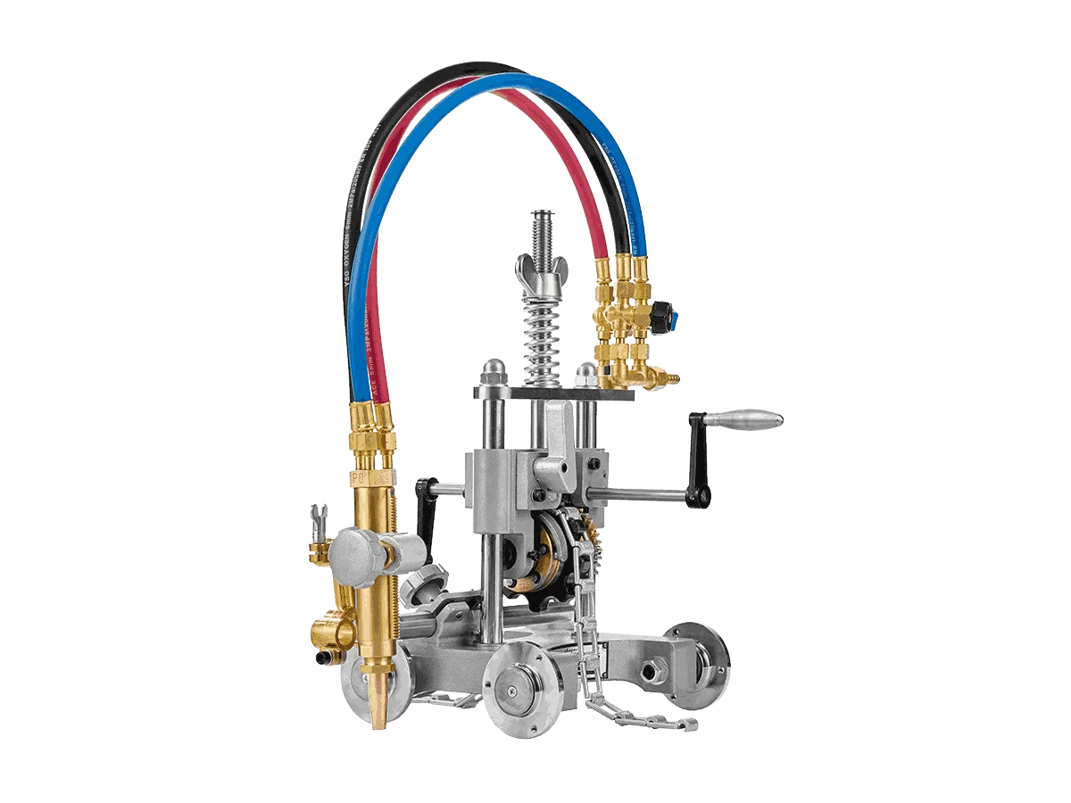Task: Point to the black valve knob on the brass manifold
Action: coord(664,314)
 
